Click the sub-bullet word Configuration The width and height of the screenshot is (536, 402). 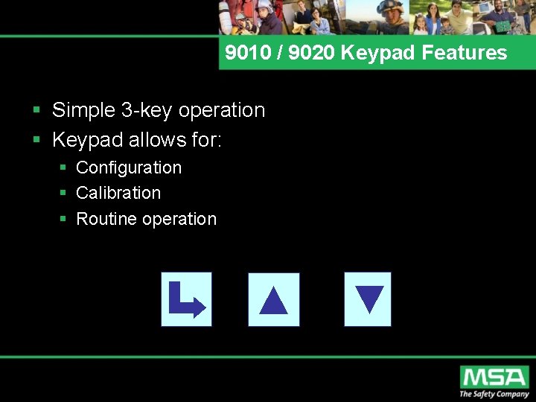click(129, 167)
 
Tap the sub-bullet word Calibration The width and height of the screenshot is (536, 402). click(118, 193)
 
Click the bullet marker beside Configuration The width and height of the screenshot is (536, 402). click(64, 168)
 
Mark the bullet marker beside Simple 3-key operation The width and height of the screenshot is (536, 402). click(36, 111)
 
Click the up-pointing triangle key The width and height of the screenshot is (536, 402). click(273, 300)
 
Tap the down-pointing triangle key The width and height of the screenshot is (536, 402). click(368, 299)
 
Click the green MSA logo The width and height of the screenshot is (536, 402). click(494, 377)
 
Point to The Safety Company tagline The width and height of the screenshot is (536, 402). click(494, 395)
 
